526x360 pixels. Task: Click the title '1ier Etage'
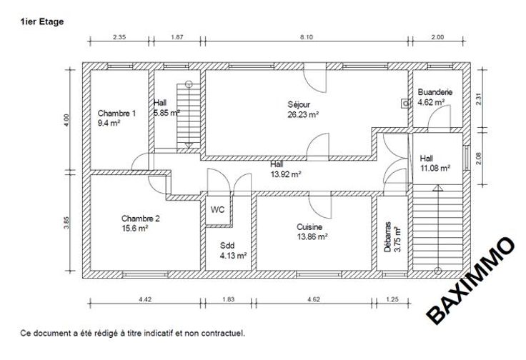pyautogui.click(x=42, y=22)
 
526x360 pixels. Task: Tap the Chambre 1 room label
pyautogui.click(x=116, y=114)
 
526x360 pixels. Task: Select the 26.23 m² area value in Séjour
pyautogui.click(x=303, y=114)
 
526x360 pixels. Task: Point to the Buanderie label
pyautogui.click(x=435, y=92)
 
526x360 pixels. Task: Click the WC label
pyautogui.click(x=217, y=210)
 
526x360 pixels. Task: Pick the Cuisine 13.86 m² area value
pyautogui.click(x=312, y=236)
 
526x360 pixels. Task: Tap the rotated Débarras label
pyautogui.click(x=388, y=236)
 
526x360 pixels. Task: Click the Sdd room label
pyautogui.click(x=227, y=246)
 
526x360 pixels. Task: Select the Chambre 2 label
pyautogui.click(x=141, y=219)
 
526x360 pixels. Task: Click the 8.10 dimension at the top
pyautogui.click(x=307, y=37)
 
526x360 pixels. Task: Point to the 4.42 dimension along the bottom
pyautogui.click(x=145, y=299)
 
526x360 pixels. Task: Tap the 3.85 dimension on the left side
pyautogui.click(x=66, y=223)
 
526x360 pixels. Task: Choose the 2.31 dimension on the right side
pyautogui.click(x=479, y=99)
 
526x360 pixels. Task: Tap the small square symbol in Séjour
pyautogui.click(x=406, y=104)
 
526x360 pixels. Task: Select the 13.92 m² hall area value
pyautogui.click(x=286, y=174)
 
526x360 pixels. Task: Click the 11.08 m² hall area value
pyautogui.click(x=435, y=169)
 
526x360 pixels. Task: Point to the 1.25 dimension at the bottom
pyautogui.click(x=392, y=299)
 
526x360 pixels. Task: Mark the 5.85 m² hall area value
pyautogui.click(x=167, y=113)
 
